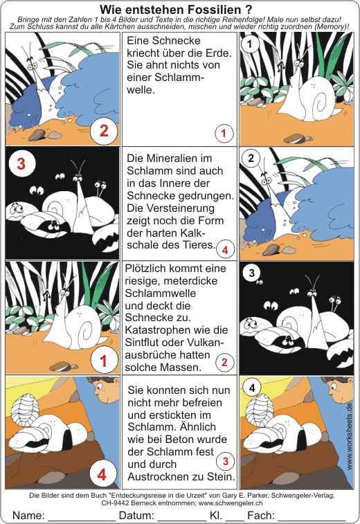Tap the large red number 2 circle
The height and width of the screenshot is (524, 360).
pos(104,131)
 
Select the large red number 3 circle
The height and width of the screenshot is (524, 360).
pos(21,164)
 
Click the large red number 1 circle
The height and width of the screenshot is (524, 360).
pos(104,361)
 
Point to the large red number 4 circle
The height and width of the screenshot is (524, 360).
pos(102,474)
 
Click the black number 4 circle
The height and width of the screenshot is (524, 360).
pos(252,388)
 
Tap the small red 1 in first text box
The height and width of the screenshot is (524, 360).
pos(224,134)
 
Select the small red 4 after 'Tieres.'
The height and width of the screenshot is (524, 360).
pos(225,250)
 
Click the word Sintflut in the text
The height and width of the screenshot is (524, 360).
pos(145,342)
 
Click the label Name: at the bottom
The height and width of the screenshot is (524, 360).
pos(28,515)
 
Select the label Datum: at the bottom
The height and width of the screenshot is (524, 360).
pos(136,515)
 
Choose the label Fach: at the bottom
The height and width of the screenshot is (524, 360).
pos(261,515)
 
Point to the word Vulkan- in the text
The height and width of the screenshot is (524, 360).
pos(205,342)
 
